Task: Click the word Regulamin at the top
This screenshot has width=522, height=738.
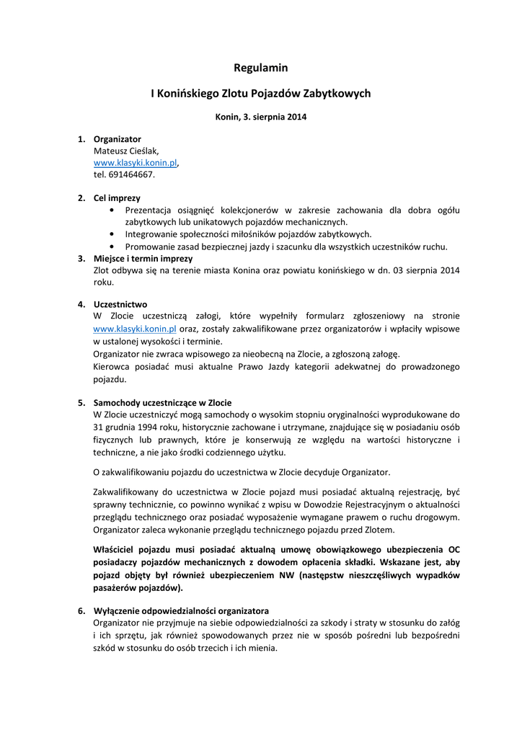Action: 260,68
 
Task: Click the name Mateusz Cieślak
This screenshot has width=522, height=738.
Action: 126,151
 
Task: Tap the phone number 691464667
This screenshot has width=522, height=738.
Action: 130,174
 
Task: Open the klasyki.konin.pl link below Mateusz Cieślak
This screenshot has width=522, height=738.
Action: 135,163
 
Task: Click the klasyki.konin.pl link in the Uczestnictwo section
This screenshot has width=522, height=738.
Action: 135,329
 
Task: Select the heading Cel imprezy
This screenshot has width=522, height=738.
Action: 117,197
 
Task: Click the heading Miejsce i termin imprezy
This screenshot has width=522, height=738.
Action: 143,258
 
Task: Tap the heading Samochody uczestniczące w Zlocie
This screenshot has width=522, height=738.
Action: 162,402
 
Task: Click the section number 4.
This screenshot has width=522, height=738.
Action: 81,304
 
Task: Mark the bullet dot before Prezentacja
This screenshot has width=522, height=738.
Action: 111,210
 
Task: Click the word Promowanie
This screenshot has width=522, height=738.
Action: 149,246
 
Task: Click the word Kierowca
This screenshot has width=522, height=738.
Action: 112,367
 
